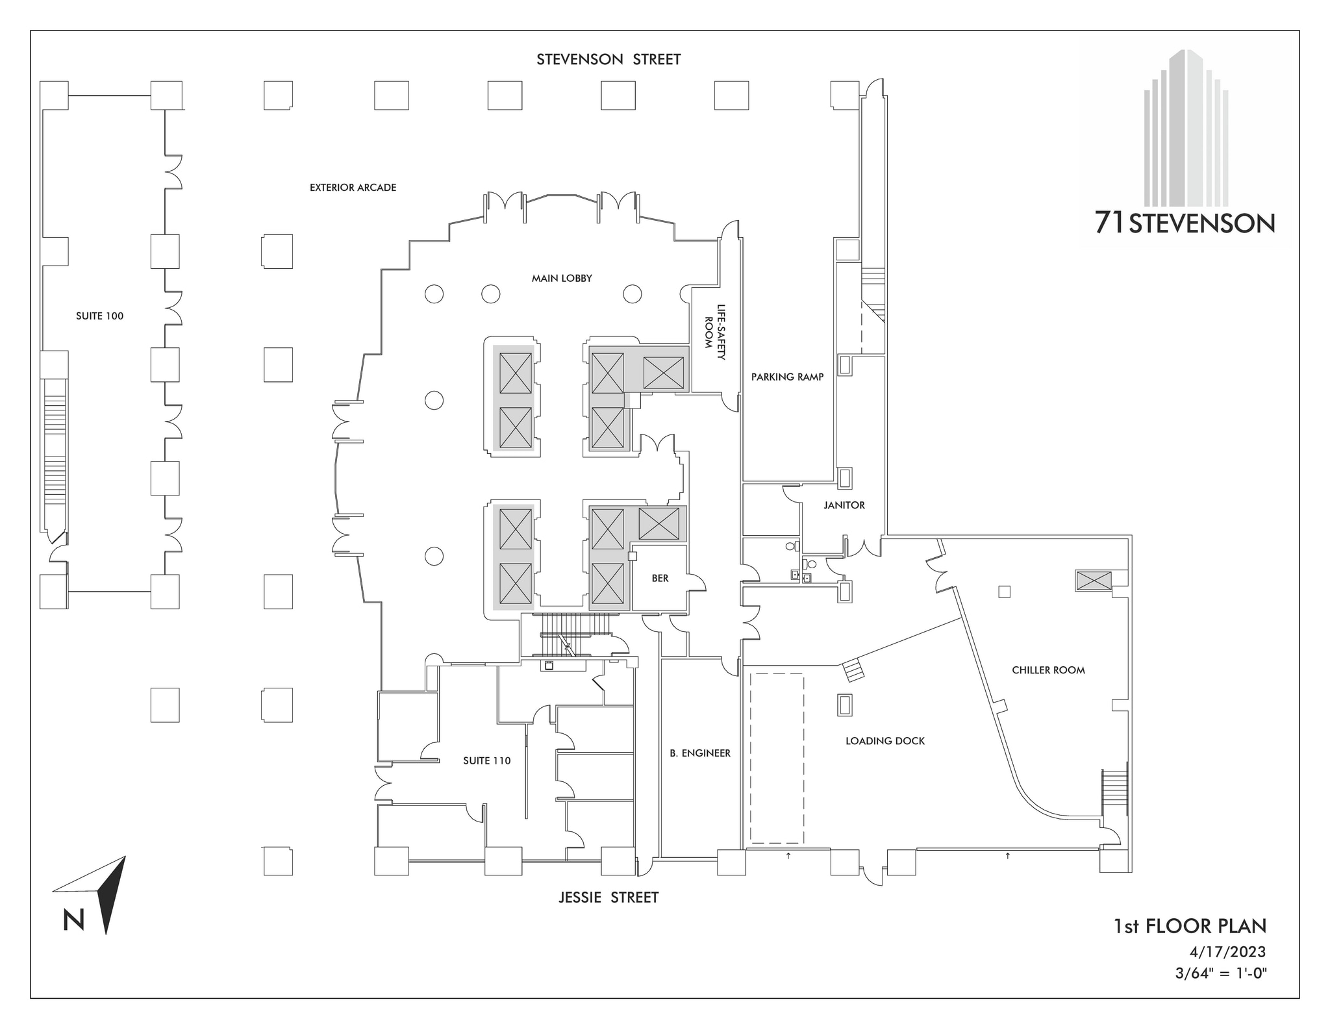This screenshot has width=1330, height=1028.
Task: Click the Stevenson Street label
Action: [608, 60]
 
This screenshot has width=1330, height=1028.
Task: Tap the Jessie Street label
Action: [608, 897]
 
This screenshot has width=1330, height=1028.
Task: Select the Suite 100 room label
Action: [99, 316]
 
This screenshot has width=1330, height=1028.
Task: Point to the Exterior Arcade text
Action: [353, 188]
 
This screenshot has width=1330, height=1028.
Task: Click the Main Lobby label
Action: [562, 279]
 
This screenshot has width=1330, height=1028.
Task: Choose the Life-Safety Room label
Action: [714, 332]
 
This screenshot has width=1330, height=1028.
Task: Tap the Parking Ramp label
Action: [787, 377]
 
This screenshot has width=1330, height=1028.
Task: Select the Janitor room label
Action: [844, 505]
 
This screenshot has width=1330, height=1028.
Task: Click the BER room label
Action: [660, 579]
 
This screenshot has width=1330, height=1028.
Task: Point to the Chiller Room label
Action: [1048, 670]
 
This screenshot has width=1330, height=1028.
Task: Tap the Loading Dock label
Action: [885, 741]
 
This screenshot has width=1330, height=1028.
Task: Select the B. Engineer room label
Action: [700, 753]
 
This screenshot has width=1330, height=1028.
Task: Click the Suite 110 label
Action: [486, 761]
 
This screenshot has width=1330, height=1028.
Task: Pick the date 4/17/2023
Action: [1227, 952]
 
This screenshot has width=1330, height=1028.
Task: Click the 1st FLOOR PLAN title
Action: [1190, 926]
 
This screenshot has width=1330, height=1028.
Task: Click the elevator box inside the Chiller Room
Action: [1093, 581]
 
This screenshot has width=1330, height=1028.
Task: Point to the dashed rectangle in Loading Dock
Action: [777, 758]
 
